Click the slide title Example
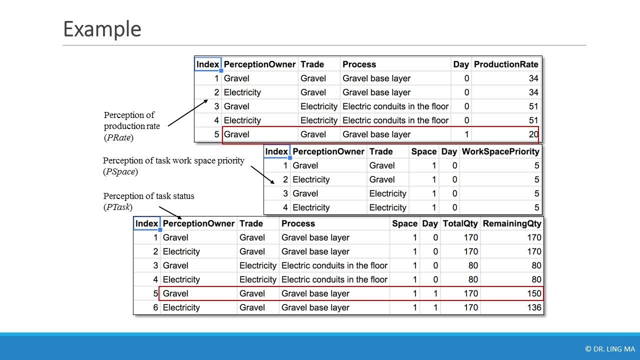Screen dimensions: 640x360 (102, 29)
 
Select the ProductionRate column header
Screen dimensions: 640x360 (506, 64)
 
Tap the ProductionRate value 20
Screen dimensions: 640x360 (533, 134)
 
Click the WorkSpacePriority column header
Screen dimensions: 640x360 (500, 151)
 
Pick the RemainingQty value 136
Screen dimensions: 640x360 (534, 307)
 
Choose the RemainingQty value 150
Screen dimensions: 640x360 (534, 293)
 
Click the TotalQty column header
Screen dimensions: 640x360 (460, 223)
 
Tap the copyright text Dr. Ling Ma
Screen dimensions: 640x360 (609, 349)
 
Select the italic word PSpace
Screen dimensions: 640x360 (120, 171)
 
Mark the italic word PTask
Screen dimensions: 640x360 (118, 206)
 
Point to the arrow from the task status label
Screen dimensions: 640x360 (174, 213)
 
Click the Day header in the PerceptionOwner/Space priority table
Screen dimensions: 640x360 (449, 151)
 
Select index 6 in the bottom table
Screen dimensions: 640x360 (155, 307)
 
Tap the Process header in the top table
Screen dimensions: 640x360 (359, 64)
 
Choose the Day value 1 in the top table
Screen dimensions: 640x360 (466, 134)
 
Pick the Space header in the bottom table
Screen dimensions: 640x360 (404, 223)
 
